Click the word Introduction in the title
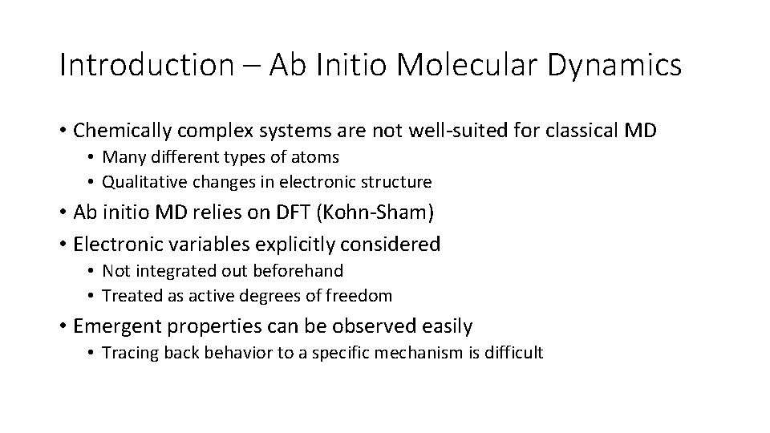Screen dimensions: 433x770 tap(145, 66)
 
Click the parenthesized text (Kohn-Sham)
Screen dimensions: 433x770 tap(372, 213)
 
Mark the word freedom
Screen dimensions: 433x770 tap(360, 296)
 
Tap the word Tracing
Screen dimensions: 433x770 tap(128, 353)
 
